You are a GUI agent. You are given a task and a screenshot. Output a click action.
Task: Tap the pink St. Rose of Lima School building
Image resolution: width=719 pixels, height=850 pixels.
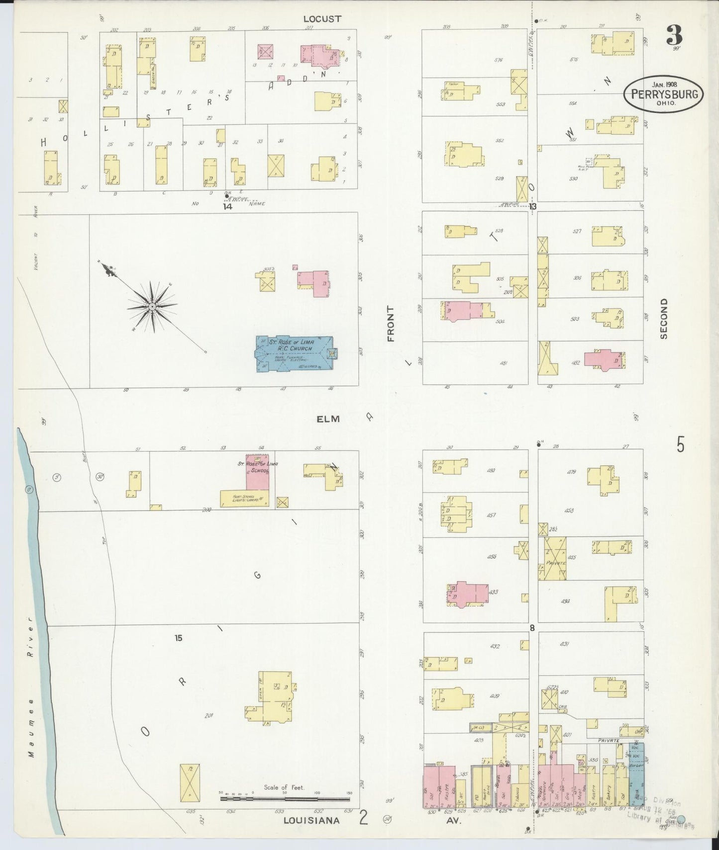257,472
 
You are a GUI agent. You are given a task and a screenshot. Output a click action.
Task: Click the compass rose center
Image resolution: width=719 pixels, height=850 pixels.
152,307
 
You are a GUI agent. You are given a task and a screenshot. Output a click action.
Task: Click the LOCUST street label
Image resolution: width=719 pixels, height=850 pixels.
322,19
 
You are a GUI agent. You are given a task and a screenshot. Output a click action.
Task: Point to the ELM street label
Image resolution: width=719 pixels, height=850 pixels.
328,419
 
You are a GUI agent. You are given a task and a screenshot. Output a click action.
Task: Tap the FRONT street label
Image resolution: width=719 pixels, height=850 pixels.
391,324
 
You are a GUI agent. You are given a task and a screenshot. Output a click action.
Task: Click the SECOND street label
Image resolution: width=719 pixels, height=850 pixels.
663,319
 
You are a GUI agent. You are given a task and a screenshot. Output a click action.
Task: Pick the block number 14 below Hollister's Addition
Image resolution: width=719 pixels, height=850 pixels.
227,206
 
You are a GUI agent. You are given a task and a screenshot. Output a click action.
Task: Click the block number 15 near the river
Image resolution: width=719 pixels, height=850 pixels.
179,638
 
